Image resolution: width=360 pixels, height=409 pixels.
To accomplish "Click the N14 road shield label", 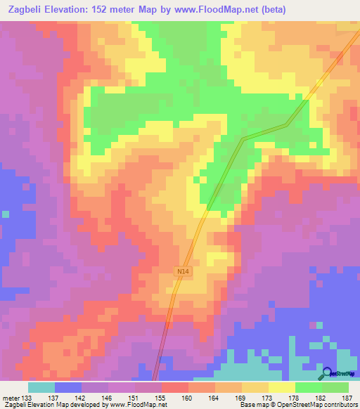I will [184, 270].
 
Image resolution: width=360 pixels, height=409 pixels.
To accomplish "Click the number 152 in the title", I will [108, 9].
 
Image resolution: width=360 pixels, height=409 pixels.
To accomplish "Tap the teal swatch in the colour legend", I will [41, 387].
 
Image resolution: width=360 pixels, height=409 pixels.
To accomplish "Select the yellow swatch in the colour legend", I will [281, 387].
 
